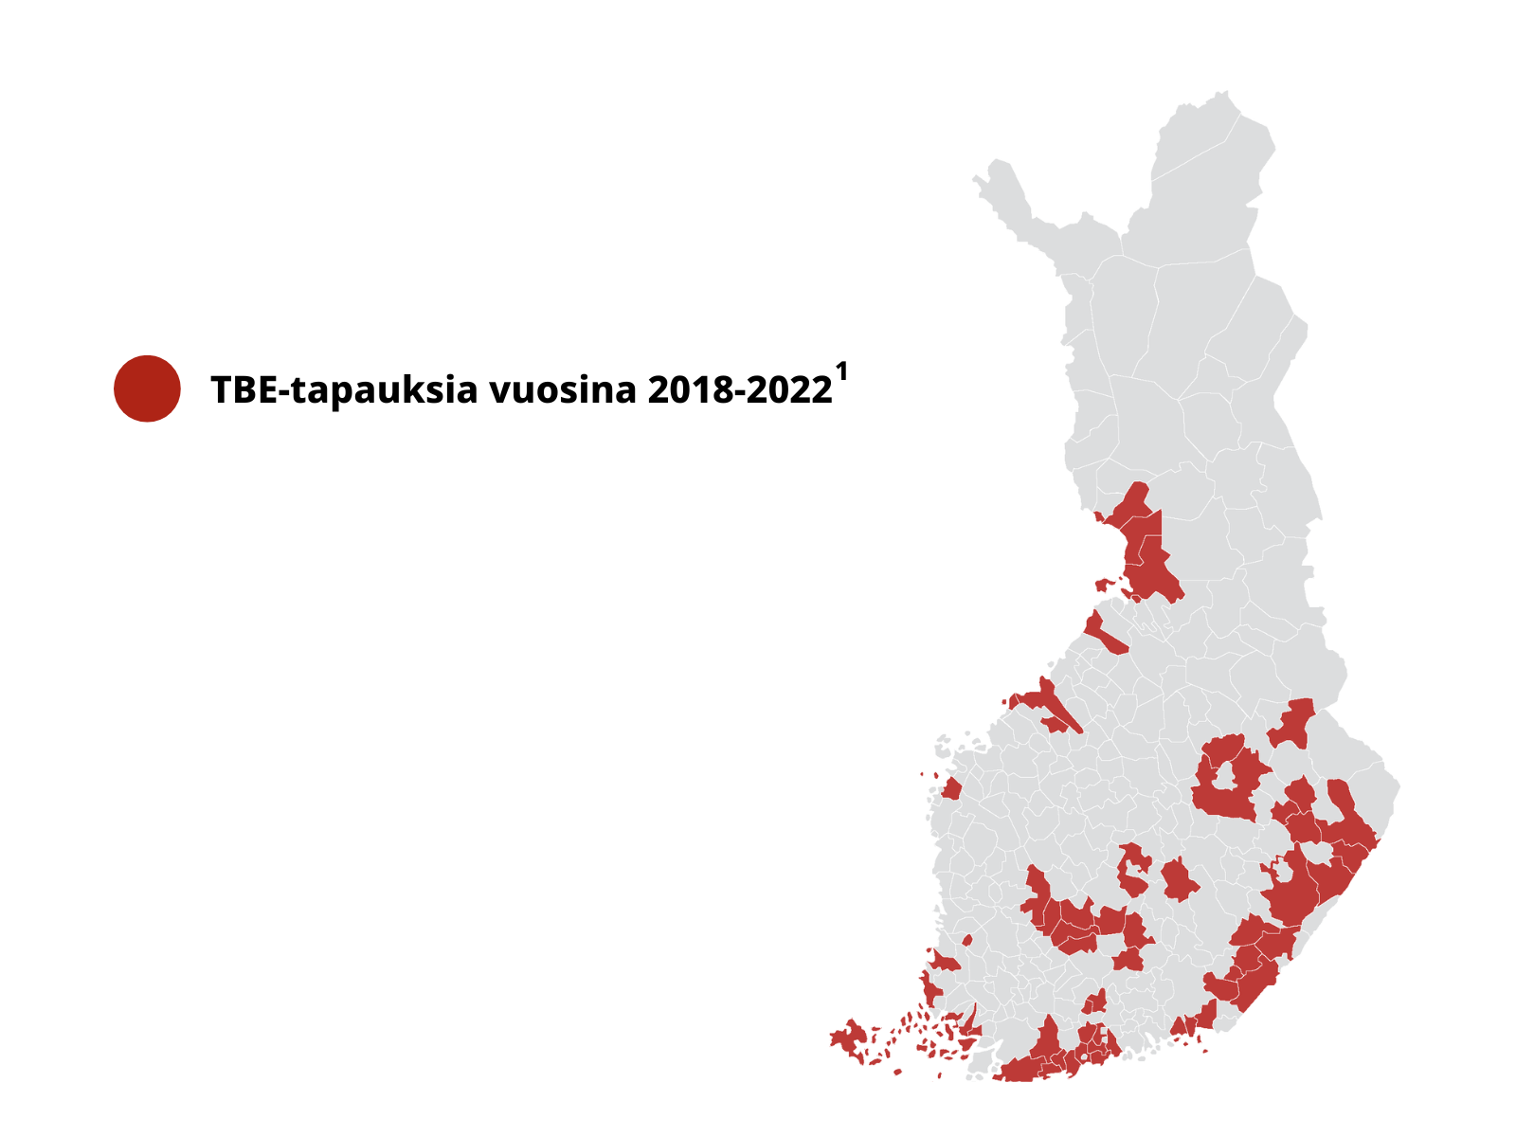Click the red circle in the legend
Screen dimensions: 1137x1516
(147, 388)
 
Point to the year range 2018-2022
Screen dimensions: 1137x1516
(740, 390)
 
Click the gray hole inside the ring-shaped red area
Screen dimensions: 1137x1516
(1228, 776)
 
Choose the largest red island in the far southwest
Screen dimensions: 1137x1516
(850, 1038)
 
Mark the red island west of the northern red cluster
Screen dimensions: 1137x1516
(1103, 584)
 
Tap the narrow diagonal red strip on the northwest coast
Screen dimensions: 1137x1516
(1103, 634)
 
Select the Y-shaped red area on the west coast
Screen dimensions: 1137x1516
(1047, 702)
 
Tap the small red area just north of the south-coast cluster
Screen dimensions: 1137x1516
(1096, 1002)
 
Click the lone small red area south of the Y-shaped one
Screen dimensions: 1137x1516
(951, 789)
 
